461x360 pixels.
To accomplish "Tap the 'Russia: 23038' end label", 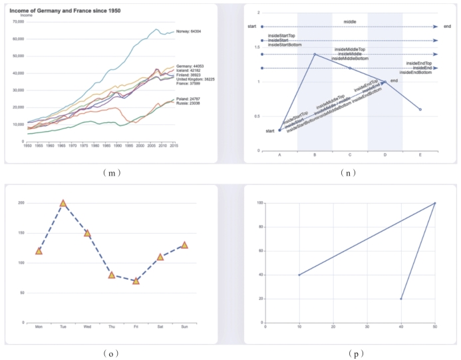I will click(188, 103).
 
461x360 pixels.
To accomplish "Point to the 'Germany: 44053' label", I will click(189, 67).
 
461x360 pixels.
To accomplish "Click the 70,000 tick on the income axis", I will click(18, 22).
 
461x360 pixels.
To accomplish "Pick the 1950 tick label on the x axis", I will click(28, 145).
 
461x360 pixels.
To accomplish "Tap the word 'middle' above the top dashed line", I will click(349, 22).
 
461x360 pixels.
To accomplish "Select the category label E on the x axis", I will click(420, 154).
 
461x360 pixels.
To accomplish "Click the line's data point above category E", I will click(420, 109).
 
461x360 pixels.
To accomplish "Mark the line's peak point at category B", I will click(315, 55).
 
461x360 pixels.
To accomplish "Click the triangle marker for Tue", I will click(63, 203).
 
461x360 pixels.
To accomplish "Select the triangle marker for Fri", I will click(136, 281).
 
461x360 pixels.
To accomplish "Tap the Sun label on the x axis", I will click(184, 327).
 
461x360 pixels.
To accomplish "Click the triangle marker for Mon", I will click(39, 251).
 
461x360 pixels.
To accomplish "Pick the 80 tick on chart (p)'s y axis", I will click(261, 227).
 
